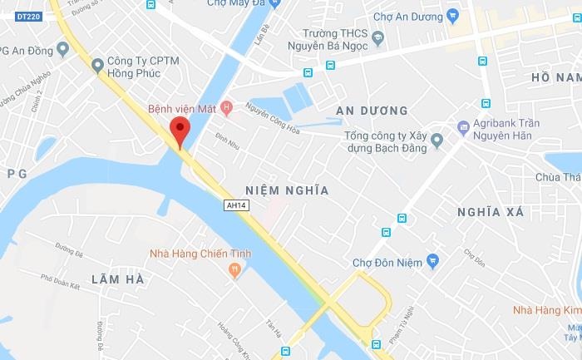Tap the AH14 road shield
point(236,205)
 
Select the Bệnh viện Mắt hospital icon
point(227,109)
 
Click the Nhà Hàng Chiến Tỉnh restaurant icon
point(235,269)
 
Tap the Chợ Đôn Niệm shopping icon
point(432,262)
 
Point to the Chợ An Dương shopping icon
point(452,15)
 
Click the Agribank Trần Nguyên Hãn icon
point(464,127)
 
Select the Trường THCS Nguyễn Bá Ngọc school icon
point(377,37)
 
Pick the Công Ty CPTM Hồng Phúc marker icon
point(98,64)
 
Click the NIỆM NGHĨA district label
point(288,190)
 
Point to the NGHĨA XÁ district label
point(491,212)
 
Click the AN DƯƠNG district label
point(372,111)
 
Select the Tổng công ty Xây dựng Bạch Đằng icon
point(436,141)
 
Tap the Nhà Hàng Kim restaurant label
point(544,311)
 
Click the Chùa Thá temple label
point(558,177)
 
